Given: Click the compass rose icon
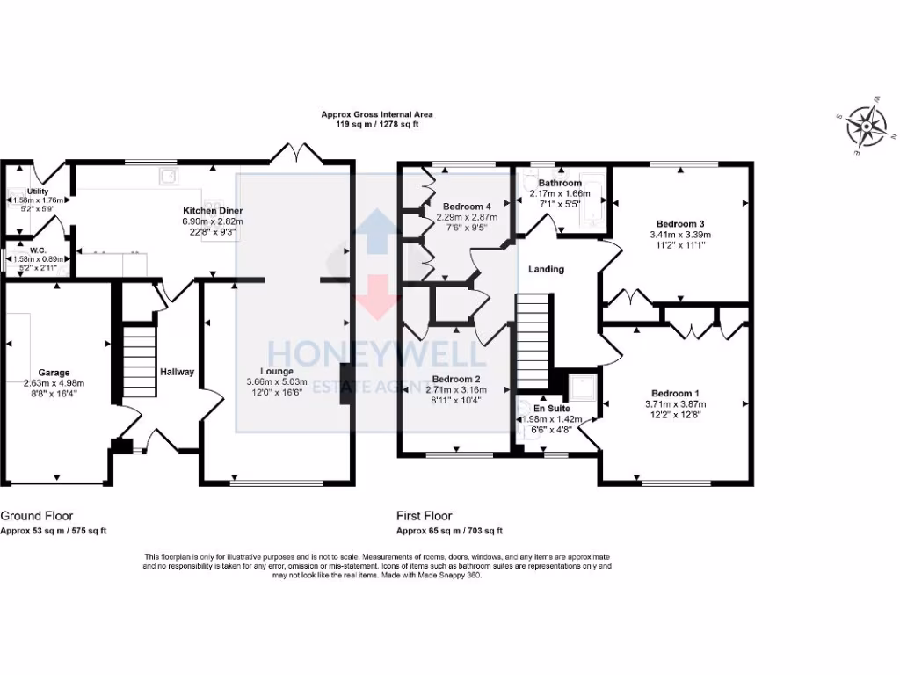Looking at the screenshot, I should [x=865, y=126].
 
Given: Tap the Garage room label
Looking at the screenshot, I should [x=54, y=373].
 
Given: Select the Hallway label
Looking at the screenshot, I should [x=177, y=372].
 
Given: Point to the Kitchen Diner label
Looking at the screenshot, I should [x=213, y=212].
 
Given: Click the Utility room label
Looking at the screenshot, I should [x=37, y=191].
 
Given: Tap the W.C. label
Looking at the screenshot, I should [x=37, y=250].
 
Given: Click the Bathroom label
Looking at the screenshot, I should [x=560, y=183].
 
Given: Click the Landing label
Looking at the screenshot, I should [x=547, y=270].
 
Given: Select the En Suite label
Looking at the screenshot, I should [x=553, y=409].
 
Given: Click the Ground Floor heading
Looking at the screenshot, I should [x=37, y=516].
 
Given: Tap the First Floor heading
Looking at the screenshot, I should [x=424, y=516].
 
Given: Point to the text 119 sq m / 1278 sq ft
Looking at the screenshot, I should [x=376, y=125].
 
